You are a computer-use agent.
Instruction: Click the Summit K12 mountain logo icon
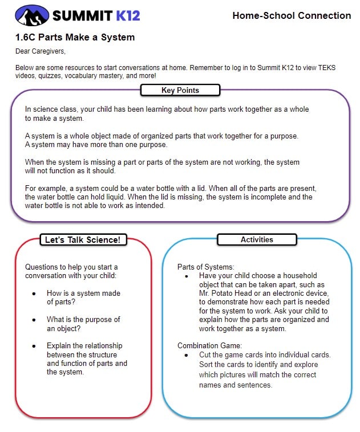[32, 15]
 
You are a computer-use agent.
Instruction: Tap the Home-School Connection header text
[292, 15]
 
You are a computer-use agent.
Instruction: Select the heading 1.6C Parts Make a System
[75, 38]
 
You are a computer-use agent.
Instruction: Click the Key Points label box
[180, 90]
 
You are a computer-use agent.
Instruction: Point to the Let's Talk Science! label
[83, 239]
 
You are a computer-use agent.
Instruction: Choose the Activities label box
[257, 239]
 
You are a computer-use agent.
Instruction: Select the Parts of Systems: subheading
[206, 267]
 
